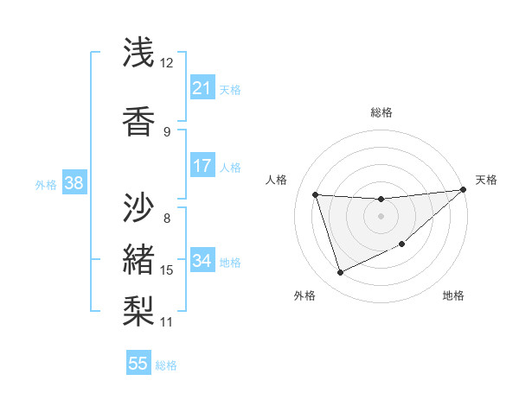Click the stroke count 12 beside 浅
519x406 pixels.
pos(167,63)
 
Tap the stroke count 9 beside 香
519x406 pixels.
pos(167,131)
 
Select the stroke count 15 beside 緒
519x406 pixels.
pos(167,270)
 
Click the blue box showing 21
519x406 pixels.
pos(202,88)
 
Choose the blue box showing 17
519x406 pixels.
pos(202,166)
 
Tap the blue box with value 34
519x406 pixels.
pos(202,261)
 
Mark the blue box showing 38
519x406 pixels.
pos(74,183)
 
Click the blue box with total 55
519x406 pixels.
pos(138,364)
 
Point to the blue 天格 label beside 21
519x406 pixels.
pos(230,89)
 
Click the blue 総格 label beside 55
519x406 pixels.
pos(166,365)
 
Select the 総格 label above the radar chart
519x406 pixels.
pos(381,112)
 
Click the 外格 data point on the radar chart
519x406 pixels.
pos(340,273)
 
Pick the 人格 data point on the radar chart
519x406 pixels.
pos(315,194)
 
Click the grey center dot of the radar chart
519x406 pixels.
pos(381,216)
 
